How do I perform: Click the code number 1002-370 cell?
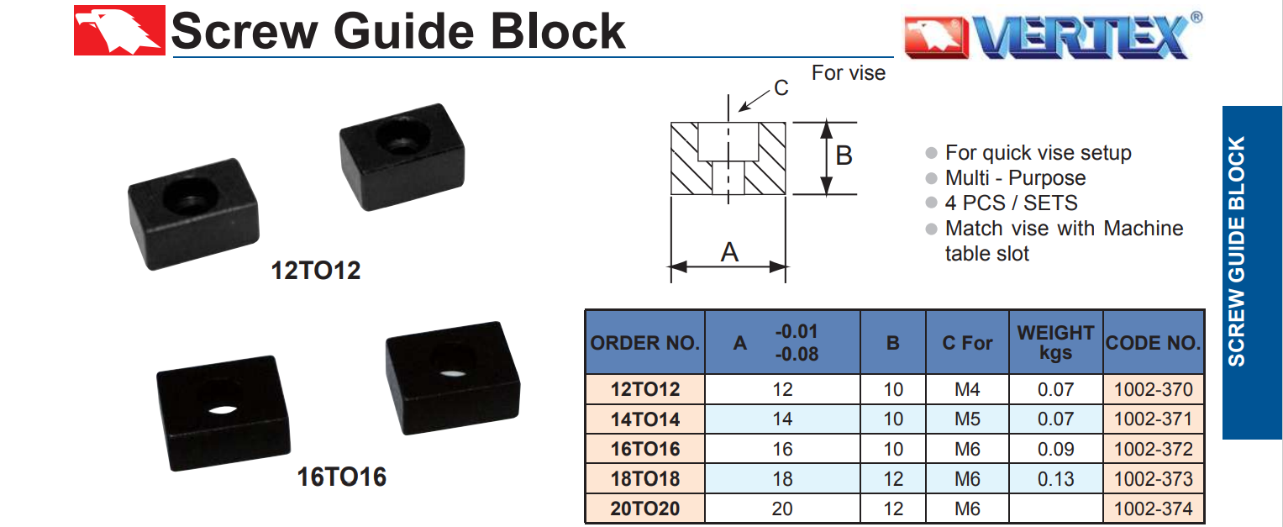(x=1153, y=389)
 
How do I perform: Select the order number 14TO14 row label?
(x=645, y=419)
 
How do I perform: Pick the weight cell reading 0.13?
(x=1055, y=479)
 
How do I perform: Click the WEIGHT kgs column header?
(x=1055, y=342)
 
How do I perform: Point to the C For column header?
(x=967, y=343)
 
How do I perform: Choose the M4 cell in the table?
(x=967, y=389)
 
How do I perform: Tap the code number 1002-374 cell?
(x=1153, y=509)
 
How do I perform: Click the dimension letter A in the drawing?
(x=729, y=251)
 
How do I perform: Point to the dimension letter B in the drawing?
(x=844, y=156)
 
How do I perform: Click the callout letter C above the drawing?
(x=781, y=87)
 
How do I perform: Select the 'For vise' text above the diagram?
(x=848, y=73)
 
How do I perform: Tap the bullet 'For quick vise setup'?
(x=1038, y=153)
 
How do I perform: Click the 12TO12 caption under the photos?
(x=316, y=271)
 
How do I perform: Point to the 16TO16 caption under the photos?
(x=342, y=477)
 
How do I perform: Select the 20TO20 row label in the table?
(x=645, y=509)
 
